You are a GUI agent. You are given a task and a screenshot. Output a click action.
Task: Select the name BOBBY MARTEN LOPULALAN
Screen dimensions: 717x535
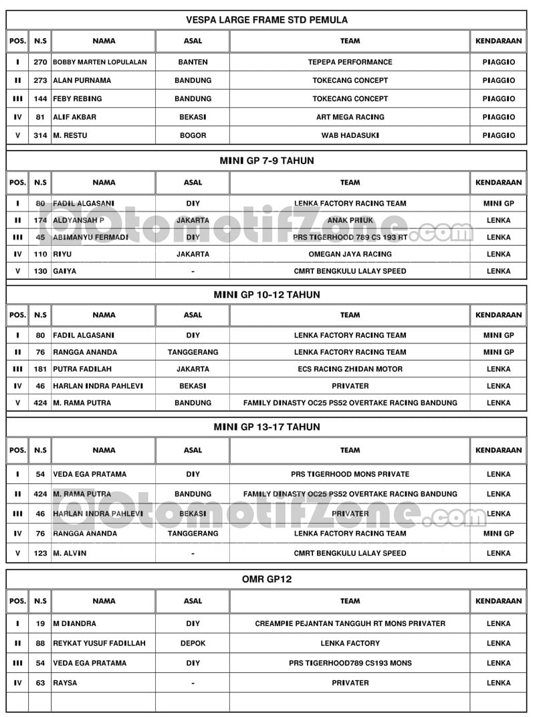tap(100, 62)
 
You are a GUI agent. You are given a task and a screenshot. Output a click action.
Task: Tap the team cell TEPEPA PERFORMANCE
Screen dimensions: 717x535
tap(350, 62)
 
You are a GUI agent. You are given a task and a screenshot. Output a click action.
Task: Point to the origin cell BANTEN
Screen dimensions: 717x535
tap(193, 62)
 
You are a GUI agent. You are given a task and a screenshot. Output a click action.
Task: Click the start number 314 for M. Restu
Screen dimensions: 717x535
tap(40, 135)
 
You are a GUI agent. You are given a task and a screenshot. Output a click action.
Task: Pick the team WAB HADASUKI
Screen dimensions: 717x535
tap(350, 135)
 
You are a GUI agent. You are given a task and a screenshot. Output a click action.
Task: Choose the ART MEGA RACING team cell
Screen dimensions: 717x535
tap(350, 117)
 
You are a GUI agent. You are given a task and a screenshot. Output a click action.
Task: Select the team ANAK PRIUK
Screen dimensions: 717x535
tap(350, 220)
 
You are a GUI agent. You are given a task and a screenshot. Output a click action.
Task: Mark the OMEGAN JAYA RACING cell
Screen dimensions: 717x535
tap(350, 254)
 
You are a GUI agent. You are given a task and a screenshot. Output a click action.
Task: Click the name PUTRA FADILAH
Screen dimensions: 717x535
tap(82, 369)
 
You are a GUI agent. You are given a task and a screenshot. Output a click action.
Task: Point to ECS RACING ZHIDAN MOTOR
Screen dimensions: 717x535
tap(350, 369)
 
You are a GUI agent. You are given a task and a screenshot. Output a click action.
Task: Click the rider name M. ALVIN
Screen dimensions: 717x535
tap(70, 554)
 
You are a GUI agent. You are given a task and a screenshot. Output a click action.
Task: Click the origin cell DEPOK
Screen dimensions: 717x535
tap(193, 643)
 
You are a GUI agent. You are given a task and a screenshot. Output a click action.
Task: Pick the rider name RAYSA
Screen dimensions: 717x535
tap(65, 683)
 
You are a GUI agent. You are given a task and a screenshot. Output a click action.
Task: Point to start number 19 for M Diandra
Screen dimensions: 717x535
tap(40, 623)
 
